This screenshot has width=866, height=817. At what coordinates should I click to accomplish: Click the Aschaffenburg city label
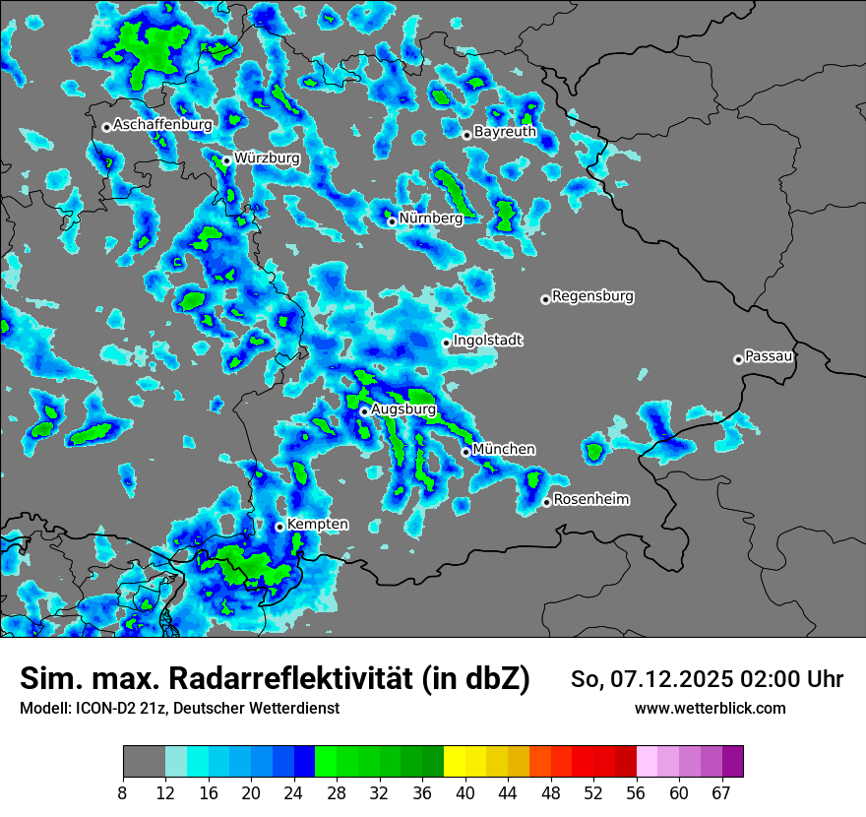click(162, 125)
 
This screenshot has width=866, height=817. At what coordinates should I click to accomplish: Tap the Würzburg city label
click(267, 157)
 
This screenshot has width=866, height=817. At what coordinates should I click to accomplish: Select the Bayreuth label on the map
click(505, 131)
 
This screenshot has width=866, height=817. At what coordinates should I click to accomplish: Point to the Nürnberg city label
click(431, 219)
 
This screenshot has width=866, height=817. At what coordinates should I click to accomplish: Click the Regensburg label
click(592, 295)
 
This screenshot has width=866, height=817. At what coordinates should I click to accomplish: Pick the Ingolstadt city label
click(488, 341)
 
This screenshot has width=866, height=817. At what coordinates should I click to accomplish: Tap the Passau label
click(770, 356)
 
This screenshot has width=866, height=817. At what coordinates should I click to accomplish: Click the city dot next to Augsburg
click(364, 411)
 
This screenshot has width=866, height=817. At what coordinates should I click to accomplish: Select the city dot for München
click(466, 452)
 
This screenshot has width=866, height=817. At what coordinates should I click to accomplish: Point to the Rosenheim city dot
click(546, 503)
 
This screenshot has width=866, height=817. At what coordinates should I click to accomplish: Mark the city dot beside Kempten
click(279, 527)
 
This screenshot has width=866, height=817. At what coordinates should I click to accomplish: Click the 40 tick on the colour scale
click(465, 793)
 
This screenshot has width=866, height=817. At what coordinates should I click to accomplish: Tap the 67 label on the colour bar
click(721, 793)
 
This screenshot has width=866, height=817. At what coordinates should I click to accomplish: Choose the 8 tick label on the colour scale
click(123, 793)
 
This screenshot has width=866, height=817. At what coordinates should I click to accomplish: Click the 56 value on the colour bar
click(636, 793)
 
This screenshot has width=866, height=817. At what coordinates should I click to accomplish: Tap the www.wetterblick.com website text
click(711, 708)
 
